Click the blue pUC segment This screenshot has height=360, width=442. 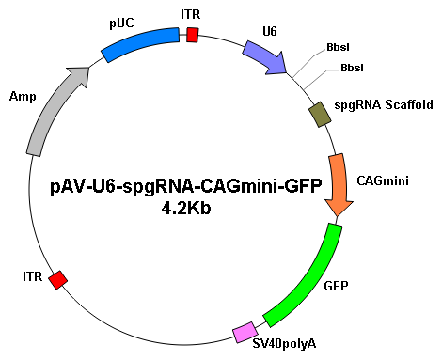[141, 43]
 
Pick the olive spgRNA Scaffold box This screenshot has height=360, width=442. [320, 115]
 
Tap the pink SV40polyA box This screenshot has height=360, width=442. [245, 332]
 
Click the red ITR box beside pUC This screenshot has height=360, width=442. [193, 35]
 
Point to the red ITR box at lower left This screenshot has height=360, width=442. [58, 280]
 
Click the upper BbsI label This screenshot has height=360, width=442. [338, 47]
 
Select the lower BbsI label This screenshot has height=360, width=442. [352, 68]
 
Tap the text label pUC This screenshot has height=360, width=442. [121, 23]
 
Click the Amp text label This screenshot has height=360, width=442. [23, 97]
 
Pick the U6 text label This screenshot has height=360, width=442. [270, 31]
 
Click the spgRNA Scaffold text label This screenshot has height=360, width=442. [384, 104]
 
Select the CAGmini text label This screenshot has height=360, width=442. [383, 180]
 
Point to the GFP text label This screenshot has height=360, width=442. [336, 286]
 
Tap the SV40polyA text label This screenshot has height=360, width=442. [284, 344]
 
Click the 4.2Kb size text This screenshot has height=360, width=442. [186, 209]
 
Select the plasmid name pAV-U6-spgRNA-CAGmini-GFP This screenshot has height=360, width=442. [186, 187]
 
